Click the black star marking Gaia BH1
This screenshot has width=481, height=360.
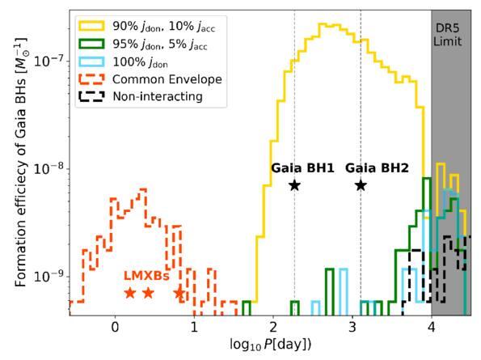295,185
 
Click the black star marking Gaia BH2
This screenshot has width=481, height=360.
361,185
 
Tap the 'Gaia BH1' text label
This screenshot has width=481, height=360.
302,168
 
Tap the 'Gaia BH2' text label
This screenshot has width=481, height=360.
377,168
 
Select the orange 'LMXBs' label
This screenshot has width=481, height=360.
146,276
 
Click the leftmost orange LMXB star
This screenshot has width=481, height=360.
130,293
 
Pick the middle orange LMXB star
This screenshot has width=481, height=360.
149,293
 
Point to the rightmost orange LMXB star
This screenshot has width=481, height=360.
179,293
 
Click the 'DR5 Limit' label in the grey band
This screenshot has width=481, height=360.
448,35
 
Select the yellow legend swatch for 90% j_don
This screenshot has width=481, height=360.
91,26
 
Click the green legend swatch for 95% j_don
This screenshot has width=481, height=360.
91,44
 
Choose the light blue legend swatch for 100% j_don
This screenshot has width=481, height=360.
91,61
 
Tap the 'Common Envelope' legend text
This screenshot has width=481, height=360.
167,79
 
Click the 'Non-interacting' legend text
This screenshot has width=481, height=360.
158,96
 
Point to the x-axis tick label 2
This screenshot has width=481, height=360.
273,327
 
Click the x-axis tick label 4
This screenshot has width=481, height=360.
432,327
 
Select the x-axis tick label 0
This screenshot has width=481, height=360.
115,327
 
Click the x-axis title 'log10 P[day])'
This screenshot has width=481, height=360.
271,345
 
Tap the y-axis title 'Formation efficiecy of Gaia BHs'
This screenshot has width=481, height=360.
20,163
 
